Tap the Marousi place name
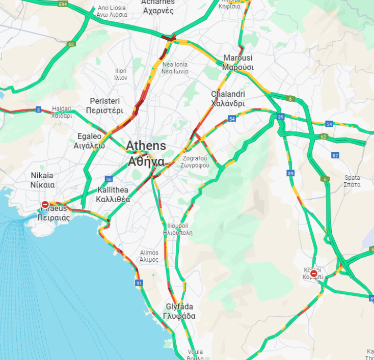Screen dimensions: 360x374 (238, 63)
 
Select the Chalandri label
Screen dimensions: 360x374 (228, 99)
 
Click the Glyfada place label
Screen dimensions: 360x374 (180, 311)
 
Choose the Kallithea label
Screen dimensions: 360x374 (113, 195)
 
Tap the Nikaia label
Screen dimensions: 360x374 (42, 180)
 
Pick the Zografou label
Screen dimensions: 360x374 (195, 161)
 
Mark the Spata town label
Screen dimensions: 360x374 (352, 181)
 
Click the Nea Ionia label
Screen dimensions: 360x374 (175, 68)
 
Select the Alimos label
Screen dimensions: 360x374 (149, 256)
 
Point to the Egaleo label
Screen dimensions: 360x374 (89, 141)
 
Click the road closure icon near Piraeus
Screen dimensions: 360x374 (45, 205)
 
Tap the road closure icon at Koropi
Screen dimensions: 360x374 (314, 273)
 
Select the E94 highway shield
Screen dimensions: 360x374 (63, 4)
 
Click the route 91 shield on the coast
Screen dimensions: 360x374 (139, 283)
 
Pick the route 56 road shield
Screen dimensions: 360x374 (109, 179)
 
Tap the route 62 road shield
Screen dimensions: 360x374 (323, 137)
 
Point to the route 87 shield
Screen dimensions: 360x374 (335, 155)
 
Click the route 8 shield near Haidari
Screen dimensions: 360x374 (38, 109)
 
